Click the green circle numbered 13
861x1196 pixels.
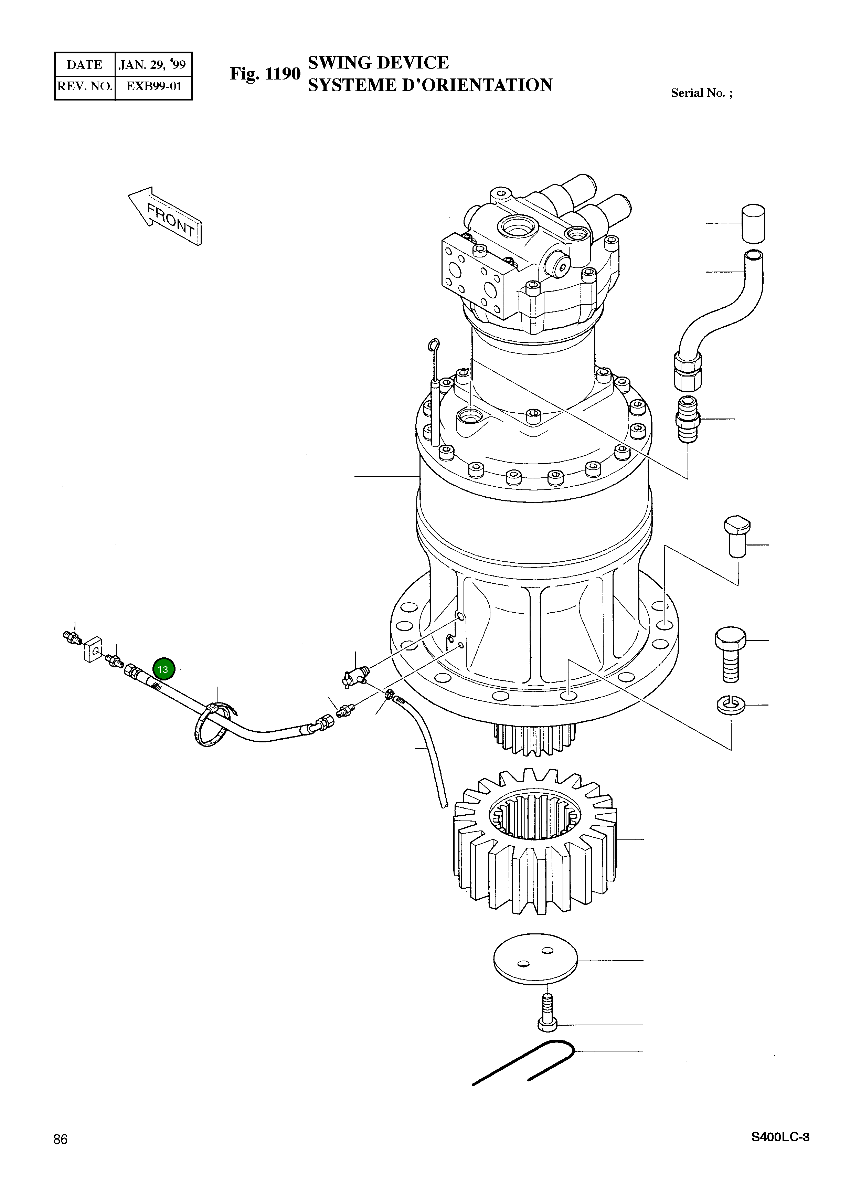click(x=163, y=670)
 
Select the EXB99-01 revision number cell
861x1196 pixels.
click(x=153, y=86)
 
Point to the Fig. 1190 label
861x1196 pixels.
click(x=265, y=74)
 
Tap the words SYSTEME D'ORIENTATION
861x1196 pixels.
click(x=430, y=85)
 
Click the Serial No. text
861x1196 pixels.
click(x=701, y=93)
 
